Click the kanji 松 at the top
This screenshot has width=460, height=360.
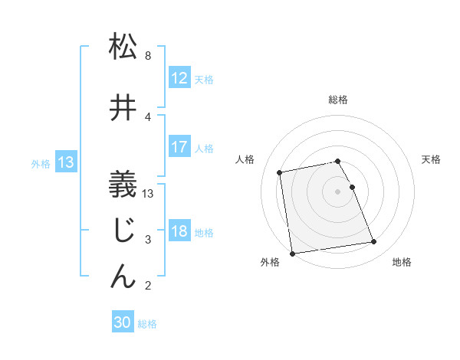(123, 47)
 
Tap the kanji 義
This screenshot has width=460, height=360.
(123, 185)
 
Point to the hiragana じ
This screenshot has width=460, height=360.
(123, 231)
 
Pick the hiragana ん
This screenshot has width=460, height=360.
(123, 277)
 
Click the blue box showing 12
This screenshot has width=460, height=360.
(179, 78)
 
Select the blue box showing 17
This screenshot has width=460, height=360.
(179, 147)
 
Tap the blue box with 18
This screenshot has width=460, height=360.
(179, 231)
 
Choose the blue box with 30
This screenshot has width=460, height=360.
(123, 323)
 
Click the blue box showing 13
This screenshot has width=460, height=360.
(65, 162)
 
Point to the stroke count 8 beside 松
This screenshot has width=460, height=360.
(147, 56)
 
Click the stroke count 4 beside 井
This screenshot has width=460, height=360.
(147, 116)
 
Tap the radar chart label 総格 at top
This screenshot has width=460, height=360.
(337, 100)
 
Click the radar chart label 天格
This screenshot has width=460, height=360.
(431, 159)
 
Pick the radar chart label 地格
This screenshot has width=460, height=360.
(402, 263)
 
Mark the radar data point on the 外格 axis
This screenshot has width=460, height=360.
(292, 253)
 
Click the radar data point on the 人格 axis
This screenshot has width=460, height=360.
(281, 172)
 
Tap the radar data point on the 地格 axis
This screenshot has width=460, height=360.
(373, 242)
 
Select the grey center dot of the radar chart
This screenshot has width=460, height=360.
(337, 191)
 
